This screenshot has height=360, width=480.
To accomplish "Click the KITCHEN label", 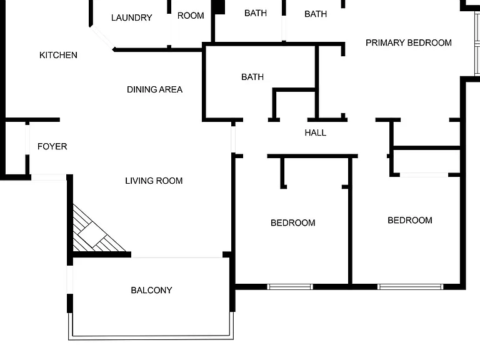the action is pos(58,55).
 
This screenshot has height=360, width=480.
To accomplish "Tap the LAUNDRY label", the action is pos(132,17).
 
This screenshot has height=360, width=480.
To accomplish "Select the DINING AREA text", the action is pos(154,89).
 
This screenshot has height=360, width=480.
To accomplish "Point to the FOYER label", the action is pos(52,146).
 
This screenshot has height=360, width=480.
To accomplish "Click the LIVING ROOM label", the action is pos(154,181).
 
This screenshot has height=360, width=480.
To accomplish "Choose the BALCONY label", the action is pos(151,290).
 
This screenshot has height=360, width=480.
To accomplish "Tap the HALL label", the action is pos(315,132).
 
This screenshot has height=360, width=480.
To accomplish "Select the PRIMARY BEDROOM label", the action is pos(409,42).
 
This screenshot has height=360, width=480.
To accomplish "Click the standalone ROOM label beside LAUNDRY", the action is pos(191,16).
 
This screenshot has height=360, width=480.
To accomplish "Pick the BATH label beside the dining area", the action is pos(252,77).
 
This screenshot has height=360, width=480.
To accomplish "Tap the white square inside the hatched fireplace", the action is pos(92,235).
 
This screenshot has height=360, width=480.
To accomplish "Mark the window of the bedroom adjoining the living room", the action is pos(289,287).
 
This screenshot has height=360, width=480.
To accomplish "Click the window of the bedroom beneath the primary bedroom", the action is pos(410,287).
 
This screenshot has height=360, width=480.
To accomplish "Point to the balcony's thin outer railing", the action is pos(151,337).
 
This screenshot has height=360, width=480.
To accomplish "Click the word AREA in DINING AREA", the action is pos(171,89).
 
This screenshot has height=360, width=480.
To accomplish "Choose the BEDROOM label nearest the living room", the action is pos(292,222).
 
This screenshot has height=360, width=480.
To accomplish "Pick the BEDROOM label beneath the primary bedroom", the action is pos(409,220).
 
